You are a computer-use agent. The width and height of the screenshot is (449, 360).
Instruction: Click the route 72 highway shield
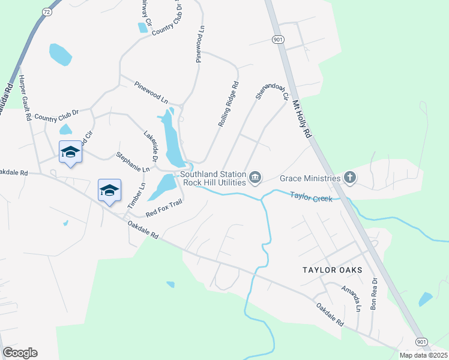(47, 12)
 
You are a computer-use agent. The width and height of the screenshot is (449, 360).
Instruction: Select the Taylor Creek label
(311, 196)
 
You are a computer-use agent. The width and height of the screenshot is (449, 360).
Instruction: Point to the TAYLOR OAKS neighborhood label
(332, 271)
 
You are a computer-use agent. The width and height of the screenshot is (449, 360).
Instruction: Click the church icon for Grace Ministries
(350, 178)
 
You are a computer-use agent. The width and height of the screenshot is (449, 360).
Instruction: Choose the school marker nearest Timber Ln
(109, 191)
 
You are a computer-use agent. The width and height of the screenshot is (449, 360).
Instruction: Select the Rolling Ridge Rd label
(228, 103)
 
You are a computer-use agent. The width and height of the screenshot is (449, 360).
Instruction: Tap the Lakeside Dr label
(150, 146)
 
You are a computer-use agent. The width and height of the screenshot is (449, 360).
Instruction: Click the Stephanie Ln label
(133, 161)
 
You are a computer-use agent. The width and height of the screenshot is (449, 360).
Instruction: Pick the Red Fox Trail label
(163, 208)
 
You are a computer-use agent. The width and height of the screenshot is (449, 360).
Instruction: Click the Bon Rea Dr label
(374, 293)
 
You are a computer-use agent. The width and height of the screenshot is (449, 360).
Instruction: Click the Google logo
(20, 353)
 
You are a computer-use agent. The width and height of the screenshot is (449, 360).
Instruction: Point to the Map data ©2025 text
(423, 355)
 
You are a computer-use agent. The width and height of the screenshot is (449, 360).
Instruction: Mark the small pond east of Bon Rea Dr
(426, 299)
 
